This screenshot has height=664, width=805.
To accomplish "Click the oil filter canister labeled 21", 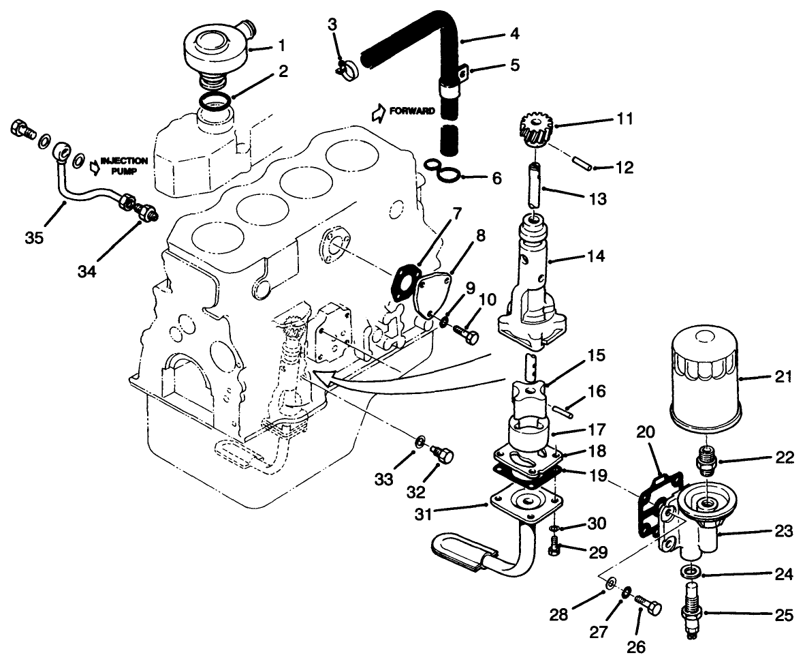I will click(706, 378).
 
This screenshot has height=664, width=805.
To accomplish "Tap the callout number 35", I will click(34, 237).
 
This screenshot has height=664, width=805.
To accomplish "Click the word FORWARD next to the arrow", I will click(413, 111).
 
